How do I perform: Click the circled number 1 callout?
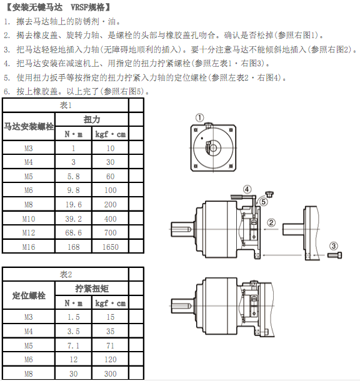(199, 118)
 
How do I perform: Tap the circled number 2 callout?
(271, 223)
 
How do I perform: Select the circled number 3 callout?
(334, 246)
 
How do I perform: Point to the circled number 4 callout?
(247, 189)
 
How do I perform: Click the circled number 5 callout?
(263, 202)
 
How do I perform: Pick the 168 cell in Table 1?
(73, 247)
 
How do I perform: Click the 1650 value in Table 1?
(111, 247)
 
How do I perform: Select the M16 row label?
(29, 247)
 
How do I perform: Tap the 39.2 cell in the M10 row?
(73, 219)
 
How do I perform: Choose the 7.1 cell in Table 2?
(73, 345)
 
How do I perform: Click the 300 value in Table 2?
(111, 374)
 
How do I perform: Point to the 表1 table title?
(66, 105)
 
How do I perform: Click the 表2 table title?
(66, 274)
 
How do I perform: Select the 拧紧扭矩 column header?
(92, 289)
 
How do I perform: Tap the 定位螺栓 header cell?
(29, 295)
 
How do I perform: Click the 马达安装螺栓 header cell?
(29, 126)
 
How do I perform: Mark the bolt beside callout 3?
(335, 255)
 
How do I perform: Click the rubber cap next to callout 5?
(269, 194)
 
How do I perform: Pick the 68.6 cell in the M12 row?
(73, 233)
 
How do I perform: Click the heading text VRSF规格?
(87, 7)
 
